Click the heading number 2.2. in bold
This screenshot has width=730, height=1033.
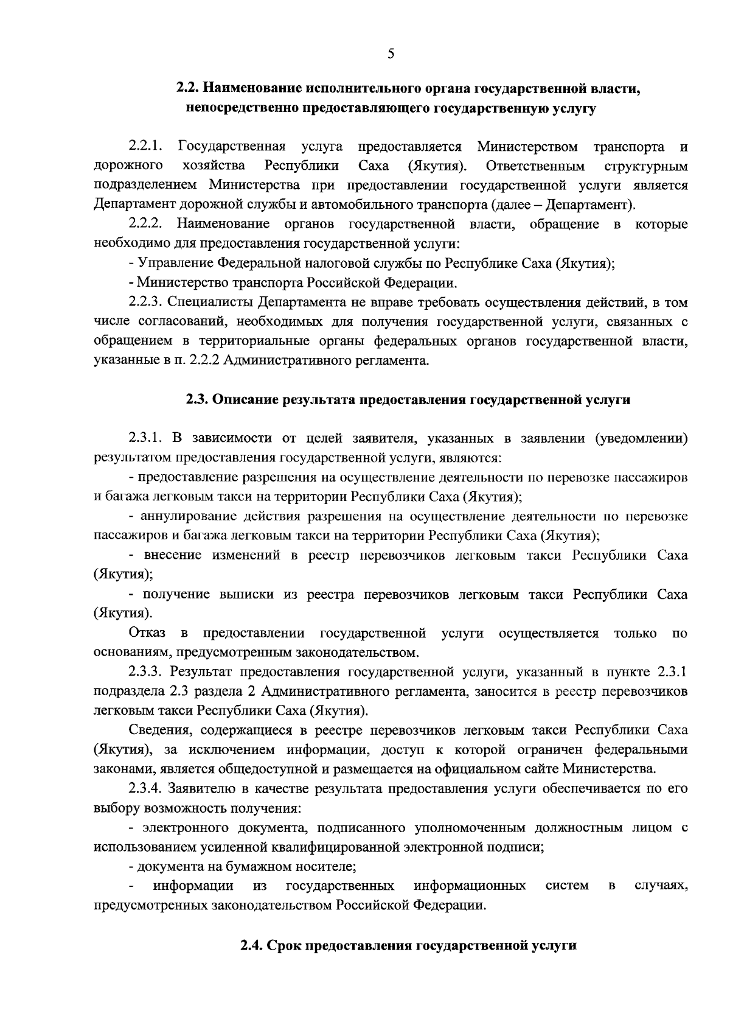pyautogui.click(x=187, y=88)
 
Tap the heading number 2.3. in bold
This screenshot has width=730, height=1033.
pyautogui.click(x=197, y=400)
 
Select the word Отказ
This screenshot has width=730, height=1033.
pyautogui.click(x=147, y=634)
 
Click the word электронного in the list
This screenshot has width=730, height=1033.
pyautogui.click(x=184, y=828)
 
